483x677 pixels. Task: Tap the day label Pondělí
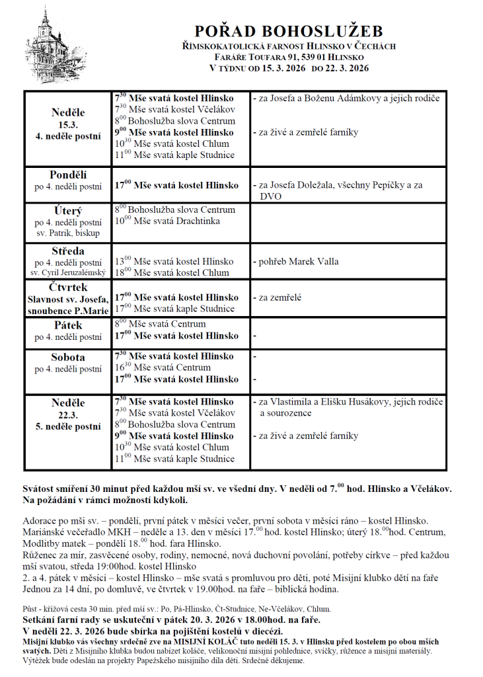point(68,175)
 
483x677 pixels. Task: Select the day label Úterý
point(68,211)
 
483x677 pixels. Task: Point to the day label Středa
point(68,251)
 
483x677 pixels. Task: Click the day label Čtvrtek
point(68,288)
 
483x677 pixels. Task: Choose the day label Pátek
point(68,325)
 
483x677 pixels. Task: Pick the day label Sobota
point(68,357)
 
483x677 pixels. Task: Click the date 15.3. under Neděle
point(68,125)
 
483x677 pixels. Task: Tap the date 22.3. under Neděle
point(68,415)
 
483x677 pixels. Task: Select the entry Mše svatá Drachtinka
point(176,221)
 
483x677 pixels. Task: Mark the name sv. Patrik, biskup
point(68,233)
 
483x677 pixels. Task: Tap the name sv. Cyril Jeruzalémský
point(68,272)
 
